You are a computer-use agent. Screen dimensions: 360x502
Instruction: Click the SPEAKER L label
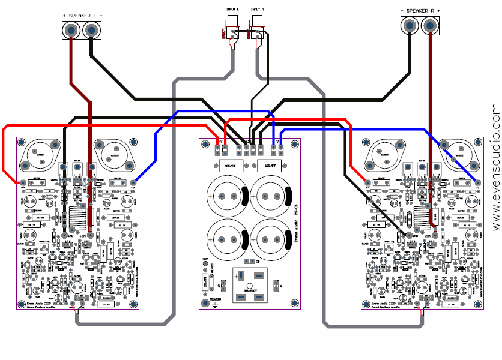coord(82,14)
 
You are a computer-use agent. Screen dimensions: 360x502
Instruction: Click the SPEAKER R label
coord(420,11)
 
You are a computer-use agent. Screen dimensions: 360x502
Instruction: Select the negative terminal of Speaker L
coord(91,29)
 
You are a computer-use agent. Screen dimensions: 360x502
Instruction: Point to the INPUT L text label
coord(233,10)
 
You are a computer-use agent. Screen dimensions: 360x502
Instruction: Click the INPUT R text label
coord(257,10)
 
